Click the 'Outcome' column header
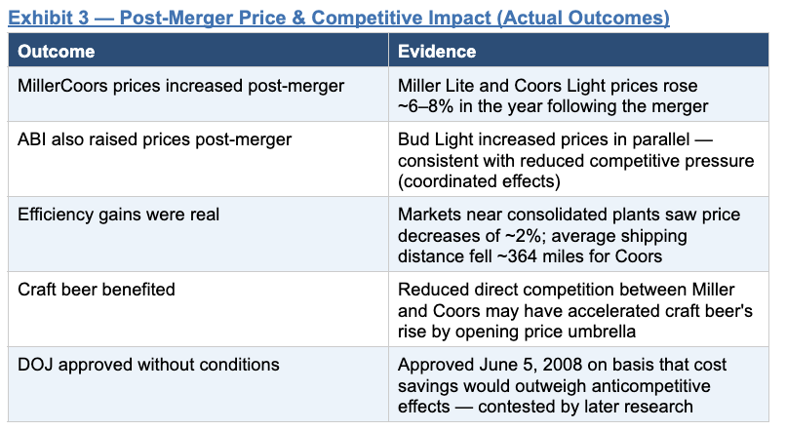[57, 51]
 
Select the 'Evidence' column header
[437, 51]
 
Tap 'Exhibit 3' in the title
[48, 19]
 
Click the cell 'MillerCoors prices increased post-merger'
[181, 86]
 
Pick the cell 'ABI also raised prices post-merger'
[154, 139]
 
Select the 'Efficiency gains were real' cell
[118, 215]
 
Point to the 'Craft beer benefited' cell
[97, 290]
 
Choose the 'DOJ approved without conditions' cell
[148, 365]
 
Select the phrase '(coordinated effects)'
[479, 181]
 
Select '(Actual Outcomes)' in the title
[583, 19]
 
